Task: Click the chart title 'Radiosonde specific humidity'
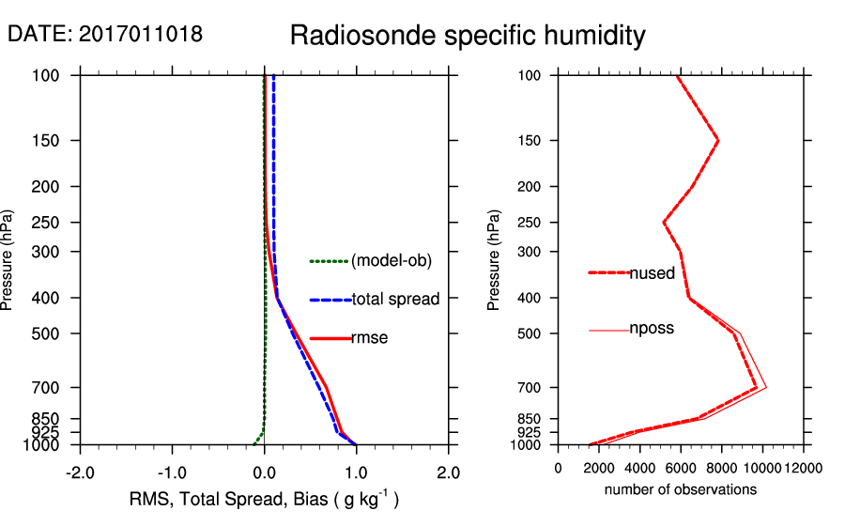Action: coord(468,36)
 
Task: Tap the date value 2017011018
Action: coord(141,35)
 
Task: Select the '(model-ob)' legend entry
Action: coord(391,261)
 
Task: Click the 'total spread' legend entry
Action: coord(395,300)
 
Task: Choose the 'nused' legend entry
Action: coord(652,273)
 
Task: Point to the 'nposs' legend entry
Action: coord(652,329)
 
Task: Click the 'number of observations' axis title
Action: coord(680,489)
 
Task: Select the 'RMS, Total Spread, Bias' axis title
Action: coord(264,500)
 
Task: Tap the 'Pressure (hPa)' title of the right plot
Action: coord(494,260)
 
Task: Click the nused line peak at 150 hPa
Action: coord(718,141)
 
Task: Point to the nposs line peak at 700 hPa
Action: coord(767,387)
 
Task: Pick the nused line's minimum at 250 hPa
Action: coord(664,223)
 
